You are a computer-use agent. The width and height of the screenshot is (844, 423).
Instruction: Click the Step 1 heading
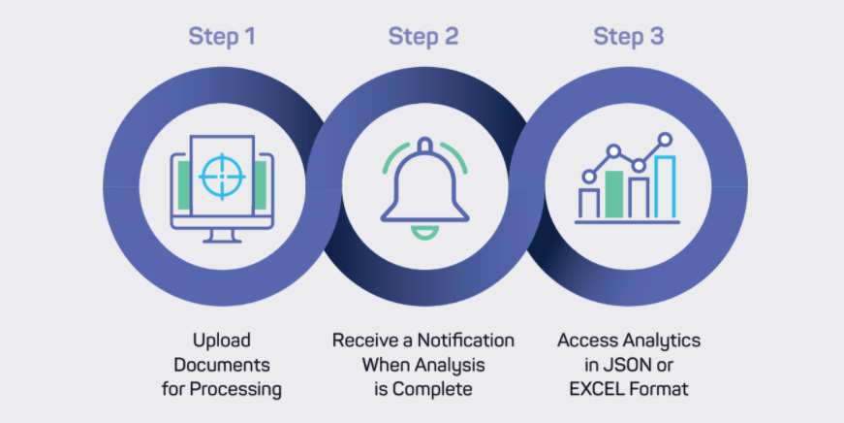(222, 37)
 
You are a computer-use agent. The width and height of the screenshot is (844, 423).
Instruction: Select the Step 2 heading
(423, 37)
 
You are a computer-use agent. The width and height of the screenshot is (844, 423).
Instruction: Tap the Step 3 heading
(628, 37)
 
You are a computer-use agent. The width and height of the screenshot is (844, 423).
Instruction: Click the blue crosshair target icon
(222, 177)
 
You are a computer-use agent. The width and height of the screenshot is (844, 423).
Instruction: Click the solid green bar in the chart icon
(614, 194)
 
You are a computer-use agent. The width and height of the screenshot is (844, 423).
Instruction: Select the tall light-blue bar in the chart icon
(666, 187)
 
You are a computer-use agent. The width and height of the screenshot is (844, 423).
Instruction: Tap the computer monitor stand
(222, 236)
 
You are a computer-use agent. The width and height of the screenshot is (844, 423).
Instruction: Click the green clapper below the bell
(424, 233)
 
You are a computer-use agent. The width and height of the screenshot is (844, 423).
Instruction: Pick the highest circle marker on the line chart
(666, 140)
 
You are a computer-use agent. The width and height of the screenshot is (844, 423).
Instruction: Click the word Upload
(222, 342)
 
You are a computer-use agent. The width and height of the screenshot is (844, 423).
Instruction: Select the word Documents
(222, 365)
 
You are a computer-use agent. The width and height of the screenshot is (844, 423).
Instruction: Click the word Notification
(465, 341)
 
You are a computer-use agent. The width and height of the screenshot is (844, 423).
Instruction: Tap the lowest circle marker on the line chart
(589, 177)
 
